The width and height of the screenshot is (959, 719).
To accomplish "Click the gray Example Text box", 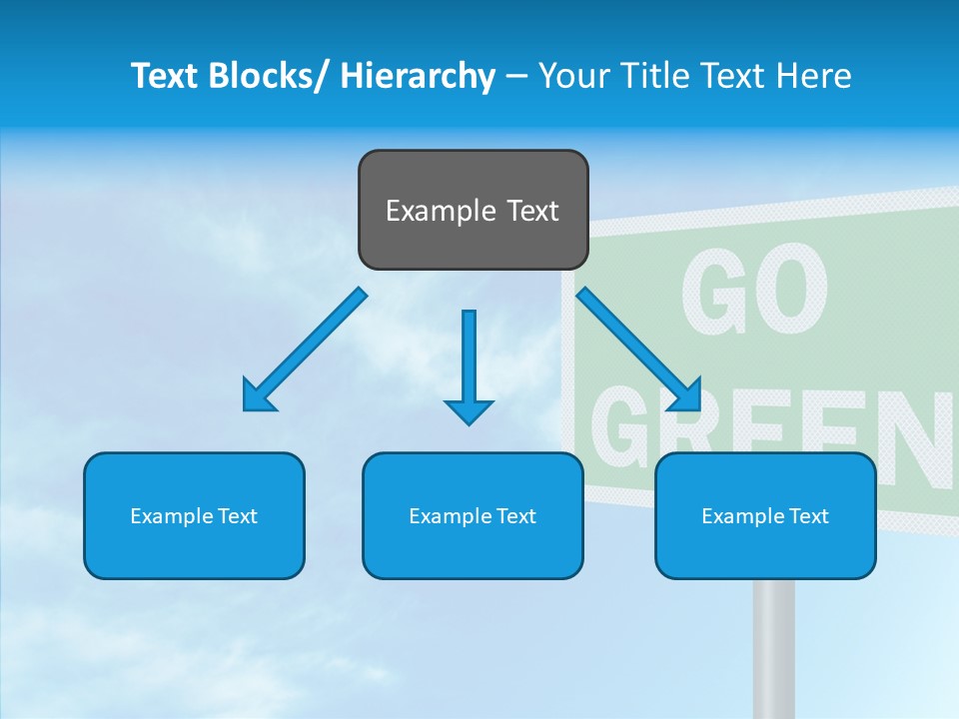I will (473, 210).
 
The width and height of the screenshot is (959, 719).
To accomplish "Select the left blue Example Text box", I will (194, 515).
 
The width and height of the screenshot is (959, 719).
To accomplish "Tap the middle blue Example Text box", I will (473, 515).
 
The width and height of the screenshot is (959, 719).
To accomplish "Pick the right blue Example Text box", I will (765, 515).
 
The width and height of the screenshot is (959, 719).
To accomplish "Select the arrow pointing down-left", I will (305, 350).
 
